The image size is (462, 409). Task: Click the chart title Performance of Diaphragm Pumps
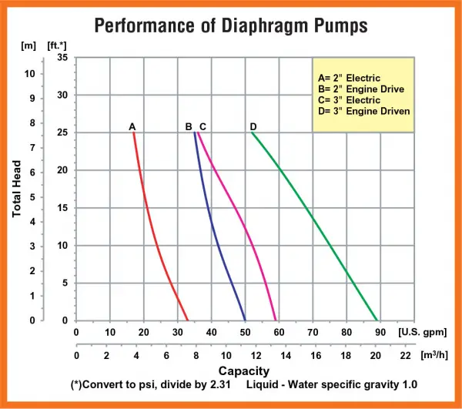coord(230,25)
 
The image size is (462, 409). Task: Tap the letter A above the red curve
coord(132,126)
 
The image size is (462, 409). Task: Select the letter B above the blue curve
coord(189,126)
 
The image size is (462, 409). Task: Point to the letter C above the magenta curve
coord(203,126)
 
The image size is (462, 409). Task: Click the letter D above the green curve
coord(253,126)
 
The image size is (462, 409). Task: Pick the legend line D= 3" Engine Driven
coord(363,111)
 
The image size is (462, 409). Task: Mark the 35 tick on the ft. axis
coord(62,58)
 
